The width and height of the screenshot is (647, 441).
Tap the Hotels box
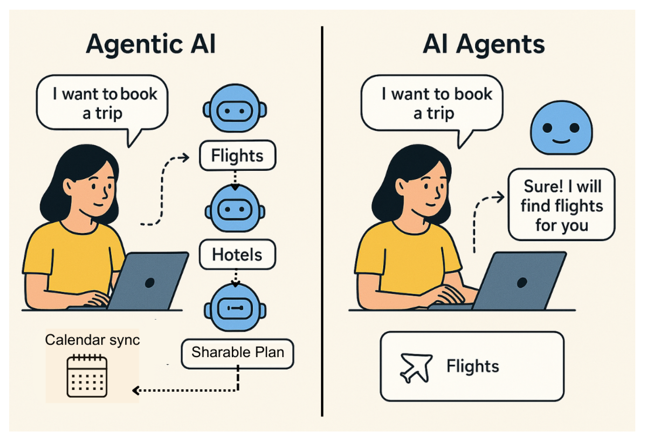[x=237, y=254]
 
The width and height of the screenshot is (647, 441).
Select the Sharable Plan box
[x=237, y=353]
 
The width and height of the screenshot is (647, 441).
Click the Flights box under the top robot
[x=237, y=155]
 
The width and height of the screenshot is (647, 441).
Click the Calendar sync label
[x=92, y=340]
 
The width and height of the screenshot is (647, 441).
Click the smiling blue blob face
[x=561, y=128]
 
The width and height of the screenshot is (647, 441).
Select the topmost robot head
[x=235, y=108]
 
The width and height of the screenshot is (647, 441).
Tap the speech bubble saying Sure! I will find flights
[x=561, y=205]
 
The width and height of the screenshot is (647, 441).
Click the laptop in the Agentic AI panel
[x=148, y=281]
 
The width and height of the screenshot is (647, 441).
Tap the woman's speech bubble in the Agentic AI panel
[x=102, y=103]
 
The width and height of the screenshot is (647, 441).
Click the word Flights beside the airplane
[x=473, y=366]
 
